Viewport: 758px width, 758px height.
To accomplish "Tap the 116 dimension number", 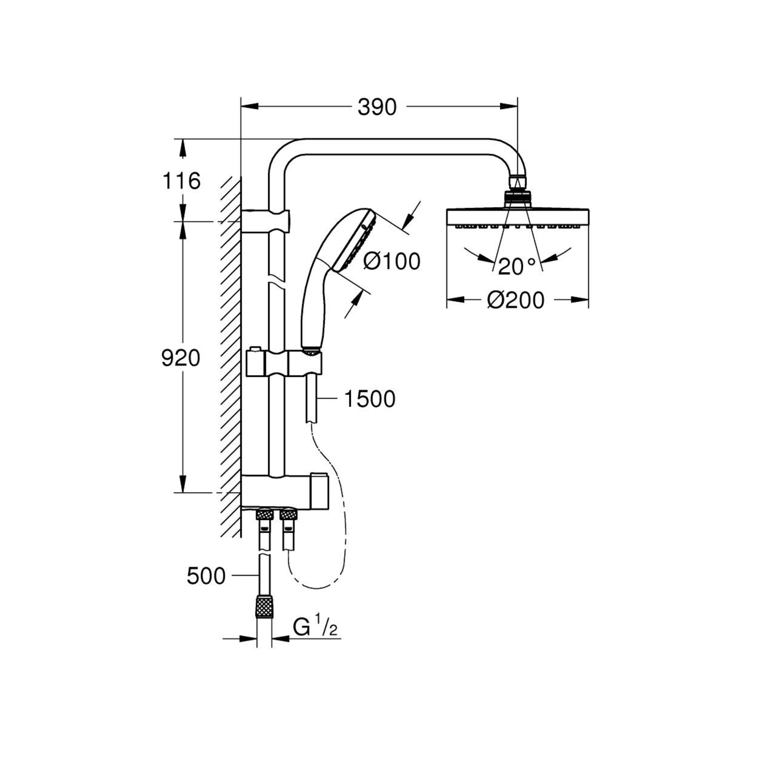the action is (x=181, y=181).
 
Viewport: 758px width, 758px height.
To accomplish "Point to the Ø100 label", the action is (x=391, y=261).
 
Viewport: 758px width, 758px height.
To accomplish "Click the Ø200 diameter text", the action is (x=516, y=300).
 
